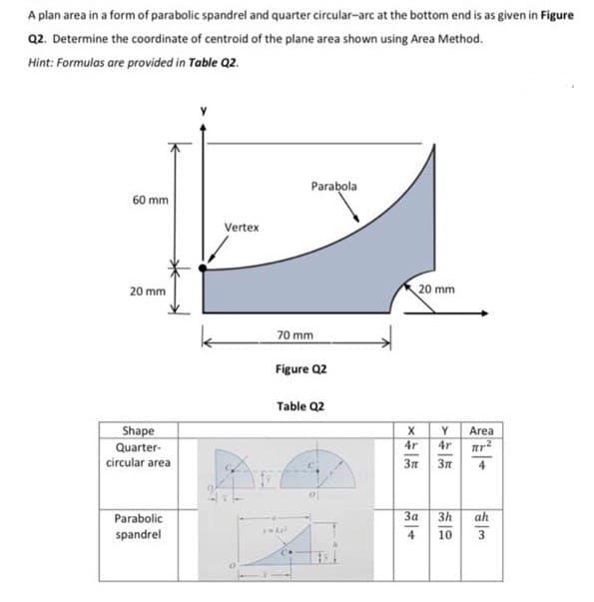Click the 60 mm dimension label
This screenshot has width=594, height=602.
point(149,200)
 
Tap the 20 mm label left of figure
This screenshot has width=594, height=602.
point(148,292)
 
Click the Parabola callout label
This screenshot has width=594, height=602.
point(333,186)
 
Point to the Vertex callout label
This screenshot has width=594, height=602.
point(242,228)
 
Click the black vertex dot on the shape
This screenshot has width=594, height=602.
point(203,268)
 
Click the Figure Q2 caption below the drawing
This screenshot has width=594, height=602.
point(296,369)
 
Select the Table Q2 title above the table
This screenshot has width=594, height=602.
point(296,407)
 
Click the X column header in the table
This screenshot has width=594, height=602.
point(410,431)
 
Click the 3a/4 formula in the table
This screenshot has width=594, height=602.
point(410,527)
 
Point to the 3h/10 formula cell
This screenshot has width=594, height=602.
point(443,527)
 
